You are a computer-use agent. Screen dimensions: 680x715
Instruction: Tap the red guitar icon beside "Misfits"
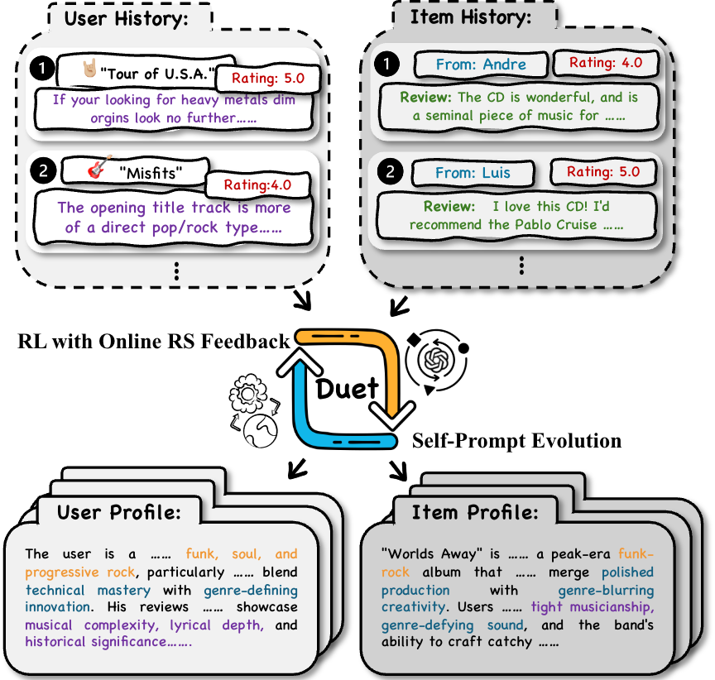click(x=99, y=168)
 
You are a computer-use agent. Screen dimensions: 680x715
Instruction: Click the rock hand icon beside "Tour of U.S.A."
click(x=91, y=70)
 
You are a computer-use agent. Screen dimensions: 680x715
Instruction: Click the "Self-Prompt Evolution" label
click(x=516, y=440)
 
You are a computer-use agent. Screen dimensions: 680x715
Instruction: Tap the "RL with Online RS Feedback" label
click(x=154, y=339)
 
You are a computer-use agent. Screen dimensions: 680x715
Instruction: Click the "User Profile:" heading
click(x=118, y=513)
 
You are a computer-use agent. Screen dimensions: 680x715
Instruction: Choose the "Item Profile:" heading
click(x=474, y=513)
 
